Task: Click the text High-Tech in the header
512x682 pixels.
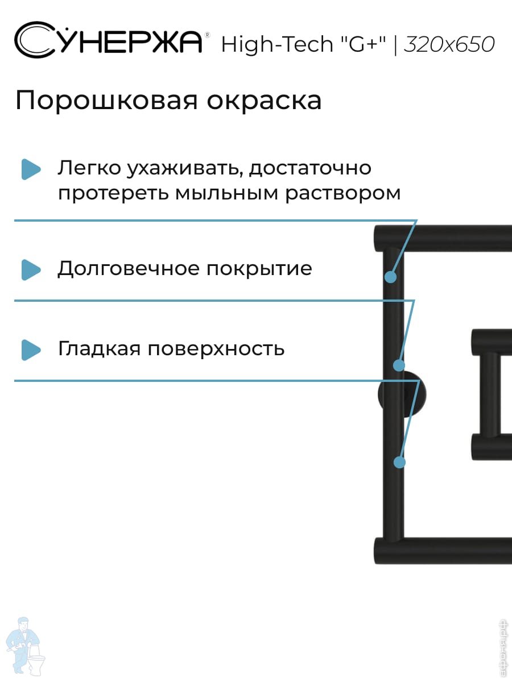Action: (x=277, y=44)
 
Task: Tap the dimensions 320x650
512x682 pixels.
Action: (x=449, y=44)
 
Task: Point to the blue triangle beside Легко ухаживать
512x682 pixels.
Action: (x=31, y=169)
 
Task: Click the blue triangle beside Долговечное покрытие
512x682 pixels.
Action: (x=31, y=269)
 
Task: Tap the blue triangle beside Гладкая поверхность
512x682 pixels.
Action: (x=31, y=350)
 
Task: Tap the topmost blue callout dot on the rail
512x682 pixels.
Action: (x=390, y=277)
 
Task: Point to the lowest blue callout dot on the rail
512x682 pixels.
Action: (x=399, y=463)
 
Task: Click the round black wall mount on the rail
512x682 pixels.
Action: (x=403, y=394)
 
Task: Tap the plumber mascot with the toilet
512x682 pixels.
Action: (x=26, y=645)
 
